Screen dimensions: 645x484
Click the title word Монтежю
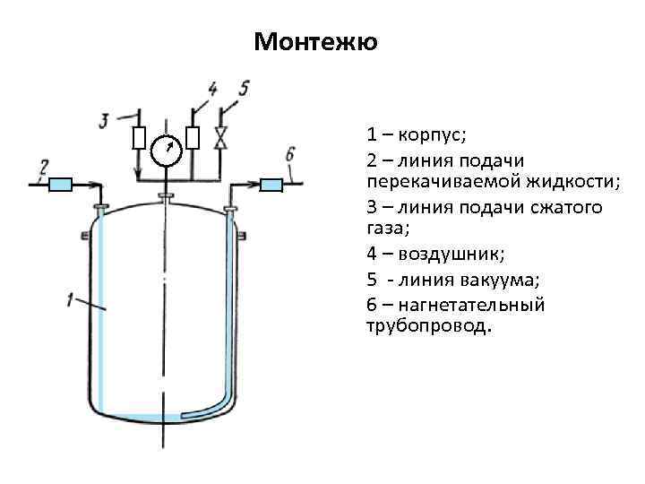point(316,42)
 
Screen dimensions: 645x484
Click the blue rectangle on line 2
point(61,184)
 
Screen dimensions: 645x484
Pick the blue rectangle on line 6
point(271,184)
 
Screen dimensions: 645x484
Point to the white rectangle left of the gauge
point(139,139)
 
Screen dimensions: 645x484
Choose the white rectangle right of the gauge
point(193,138)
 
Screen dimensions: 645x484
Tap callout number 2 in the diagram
point(43,166)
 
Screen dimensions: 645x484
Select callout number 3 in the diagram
point(104,119)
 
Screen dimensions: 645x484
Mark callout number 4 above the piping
point(212,88)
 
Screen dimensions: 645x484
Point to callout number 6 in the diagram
point(289,154)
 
